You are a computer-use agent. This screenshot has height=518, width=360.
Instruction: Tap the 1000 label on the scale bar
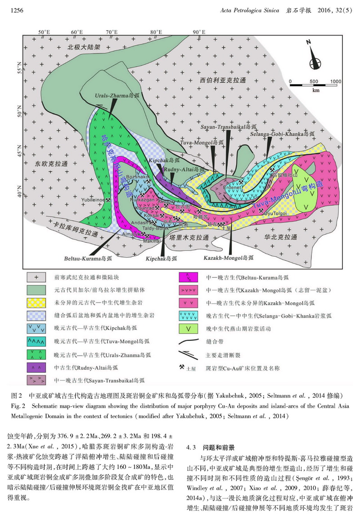(x=335, y=81)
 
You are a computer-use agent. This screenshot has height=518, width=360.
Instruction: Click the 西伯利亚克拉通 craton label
(x=223, y=80)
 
